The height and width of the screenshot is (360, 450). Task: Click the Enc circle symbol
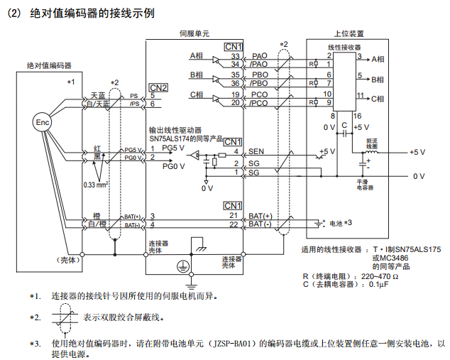43,122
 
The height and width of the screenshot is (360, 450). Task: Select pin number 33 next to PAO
236,55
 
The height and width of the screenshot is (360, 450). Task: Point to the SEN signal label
256,152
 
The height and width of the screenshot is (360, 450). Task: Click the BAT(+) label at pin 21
261,215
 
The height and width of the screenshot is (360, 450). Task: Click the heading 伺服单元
194,33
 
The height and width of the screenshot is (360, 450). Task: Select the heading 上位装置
349,33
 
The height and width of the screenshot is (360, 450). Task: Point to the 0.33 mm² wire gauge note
95,185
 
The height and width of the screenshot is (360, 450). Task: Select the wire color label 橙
95,215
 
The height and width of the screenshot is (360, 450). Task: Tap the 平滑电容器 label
365,185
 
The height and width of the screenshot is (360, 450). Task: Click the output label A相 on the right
377,60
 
